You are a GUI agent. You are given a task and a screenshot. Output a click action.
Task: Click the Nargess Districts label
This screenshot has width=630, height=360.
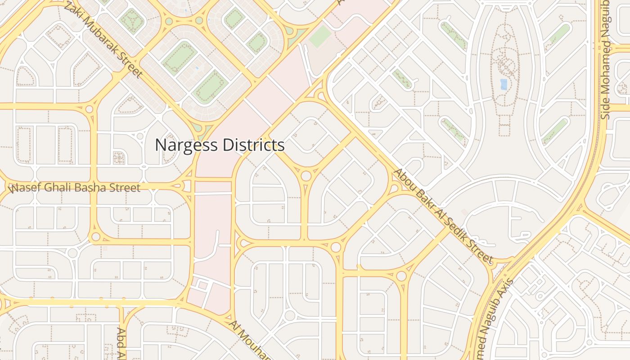point(220,145)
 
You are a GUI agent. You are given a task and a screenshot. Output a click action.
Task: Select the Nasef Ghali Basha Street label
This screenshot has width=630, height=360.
point(75,187)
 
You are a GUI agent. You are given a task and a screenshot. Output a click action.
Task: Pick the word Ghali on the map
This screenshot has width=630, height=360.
point(63,187)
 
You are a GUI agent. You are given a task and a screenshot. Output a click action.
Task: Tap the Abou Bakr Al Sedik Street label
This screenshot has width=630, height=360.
point(443,216)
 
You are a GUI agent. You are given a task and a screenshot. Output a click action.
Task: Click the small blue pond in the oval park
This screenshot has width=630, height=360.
point(504,84)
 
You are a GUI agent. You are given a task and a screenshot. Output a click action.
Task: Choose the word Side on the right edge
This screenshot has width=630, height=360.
point(605,107)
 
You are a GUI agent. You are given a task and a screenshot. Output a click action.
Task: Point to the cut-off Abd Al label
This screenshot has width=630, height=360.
point(121,344)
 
